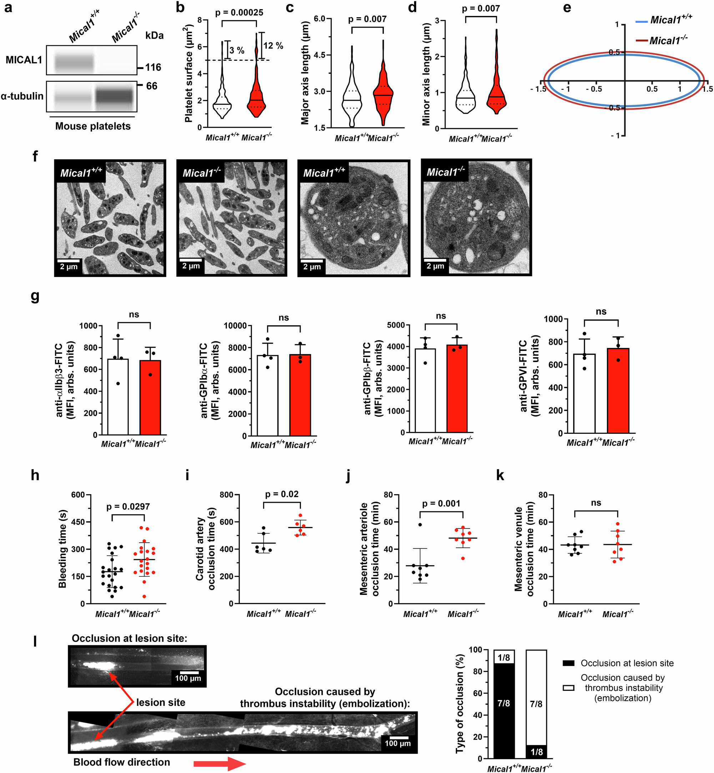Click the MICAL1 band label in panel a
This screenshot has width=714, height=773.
[x=24, y=60]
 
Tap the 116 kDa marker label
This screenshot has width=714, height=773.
[x=153, y=67]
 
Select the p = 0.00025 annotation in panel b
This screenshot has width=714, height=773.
[x=239, y=13]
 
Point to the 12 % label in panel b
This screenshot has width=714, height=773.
[x=273, y=46]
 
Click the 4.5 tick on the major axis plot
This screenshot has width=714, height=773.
[x=320, y=55]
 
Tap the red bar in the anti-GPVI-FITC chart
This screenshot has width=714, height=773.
[x=618, y=390]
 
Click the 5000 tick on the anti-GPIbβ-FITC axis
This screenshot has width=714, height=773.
[x=396, y=325]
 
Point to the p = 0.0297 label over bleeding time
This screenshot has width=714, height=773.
[x=128, y=506]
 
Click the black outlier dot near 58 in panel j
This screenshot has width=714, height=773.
[x=420, y=524]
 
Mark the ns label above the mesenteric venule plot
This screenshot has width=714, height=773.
[x=596, y=503]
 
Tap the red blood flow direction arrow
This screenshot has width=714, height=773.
[x=220, y=764]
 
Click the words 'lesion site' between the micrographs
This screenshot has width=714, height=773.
[x=161, y=702]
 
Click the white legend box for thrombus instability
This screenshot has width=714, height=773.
[x=568, y=688]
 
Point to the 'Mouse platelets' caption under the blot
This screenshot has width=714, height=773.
[x=93, y=126]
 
